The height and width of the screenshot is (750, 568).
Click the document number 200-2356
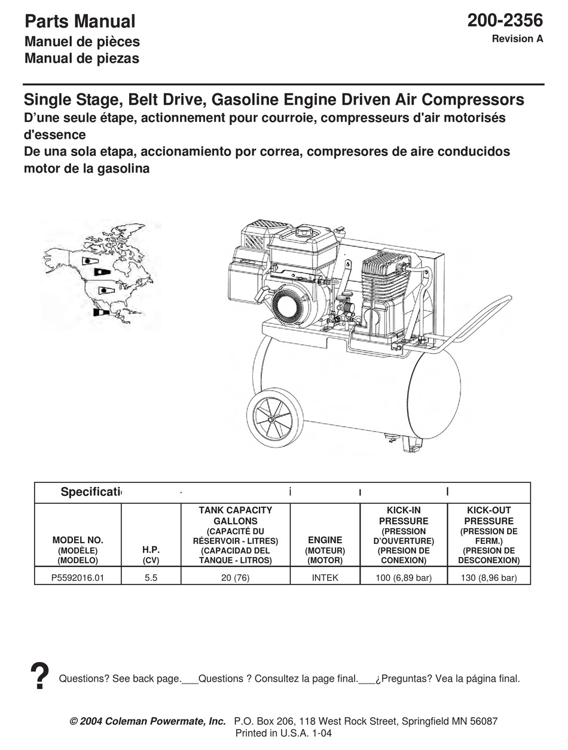(505, 20)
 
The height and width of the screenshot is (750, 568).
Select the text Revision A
(517, 39)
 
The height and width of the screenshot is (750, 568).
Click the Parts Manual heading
(80, 22)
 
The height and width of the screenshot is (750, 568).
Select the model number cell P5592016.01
(78, 578)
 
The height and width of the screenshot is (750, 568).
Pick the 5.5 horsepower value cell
(151, 578)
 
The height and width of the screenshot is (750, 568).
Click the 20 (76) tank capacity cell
(235, 578)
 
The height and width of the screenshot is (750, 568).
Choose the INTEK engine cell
(325, 578)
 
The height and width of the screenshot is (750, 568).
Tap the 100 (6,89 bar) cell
(404, 578)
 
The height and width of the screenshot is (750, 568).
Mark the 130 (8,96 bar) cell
(488, 578)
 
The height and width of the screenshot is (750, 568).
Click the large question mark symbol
(39, 677)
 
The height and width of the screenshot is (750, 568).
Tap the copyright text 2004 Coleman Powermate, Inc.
(148, 721)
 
